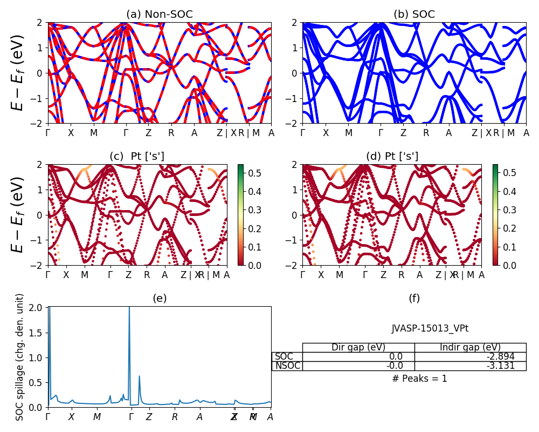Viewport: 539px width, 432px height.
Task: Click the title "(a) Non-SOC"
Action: click(x=159, y=15)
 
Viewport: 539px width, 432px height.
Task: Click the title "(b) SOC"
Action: click(x=414, y=15)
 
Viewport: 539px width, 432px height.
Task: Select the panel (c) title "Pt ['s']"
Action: click(x=147, y=157)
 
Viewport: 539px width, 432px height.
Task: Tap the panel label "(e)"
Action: click(x=159, y=298)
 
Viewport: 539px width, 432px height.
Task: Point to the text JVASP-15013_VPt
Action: click(x=426, y=328)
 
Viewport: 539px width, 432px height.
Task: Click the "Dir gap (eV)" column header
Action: click(x=358, y=347)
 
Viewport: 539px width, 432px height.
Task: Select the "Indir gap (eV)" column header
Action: click(x=470, y=347)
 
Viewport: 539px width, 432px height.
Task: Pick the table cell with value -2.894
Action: click(x=470, y=356)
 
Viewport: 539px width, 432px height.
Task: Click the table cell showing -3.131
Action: click(x=470, y=366)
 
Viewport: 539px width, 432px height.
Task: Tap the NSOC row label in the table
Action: click(x=287, y=366)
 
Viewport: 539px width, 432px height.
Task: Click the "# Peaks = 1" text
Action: click(x=419, y=379)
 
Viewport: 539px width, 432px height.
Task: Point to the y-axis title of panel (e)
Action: click(x=20, y=356)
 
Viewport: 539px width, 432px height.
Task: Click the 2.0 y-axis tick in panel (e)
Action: click(x=38, y=307)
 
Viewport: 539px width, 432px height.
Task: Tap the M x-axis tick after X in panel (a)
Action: click(x=94, y=133)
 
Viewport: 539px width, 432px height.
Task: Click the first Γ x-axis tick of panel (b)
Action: click(x=303, y=133)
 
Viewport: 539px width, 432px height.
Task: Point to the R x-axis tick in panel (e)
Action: click(x=175, y=417)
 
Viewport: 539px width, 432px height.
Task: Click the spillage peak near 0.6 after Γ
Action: click(x=139, y=376)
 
